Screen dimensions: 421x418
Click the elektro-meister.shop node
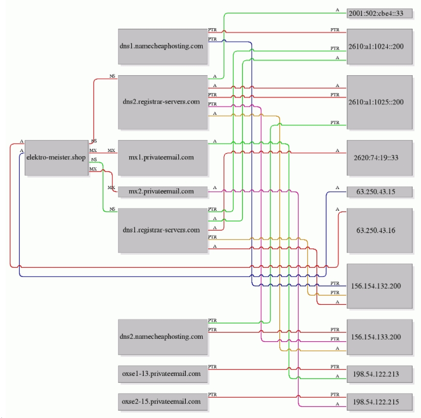56,158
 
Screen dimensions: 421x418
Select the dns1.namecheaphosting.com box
163,46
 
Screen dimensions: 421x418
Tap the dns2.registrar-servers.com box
163,102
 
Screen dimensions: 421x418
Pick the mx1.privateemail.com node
163,158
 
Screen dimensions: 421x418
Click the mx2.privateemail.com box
163,192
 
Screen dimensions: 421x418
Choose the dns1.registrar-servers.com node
163,231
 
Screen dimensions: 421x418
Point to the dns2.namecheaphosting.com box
163,337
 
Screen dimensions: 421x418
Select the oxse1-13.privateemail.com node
163,374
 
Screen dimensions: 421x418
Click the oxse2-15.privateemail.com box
163,402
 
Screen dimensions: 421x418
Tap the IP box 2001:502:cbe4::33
379,13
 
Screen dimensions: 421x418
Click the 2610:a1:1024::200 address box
379,46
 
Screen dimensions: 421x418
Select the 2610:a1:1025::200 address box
379,102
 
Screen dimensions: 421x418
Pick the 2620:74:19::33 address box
379,158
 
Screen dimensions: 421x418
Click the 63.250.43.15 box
379,192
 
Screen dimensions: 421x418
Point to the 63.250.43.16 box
379,231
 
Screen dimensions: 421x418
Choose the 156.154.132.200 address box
379,286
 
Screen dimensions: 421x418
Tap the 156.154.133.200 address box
379,337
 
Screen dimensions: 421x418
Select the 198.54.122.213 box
379,374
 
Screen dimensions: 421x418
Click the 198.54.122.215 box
379,402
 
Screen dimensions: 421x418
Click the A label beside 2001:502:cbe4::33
337,10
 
